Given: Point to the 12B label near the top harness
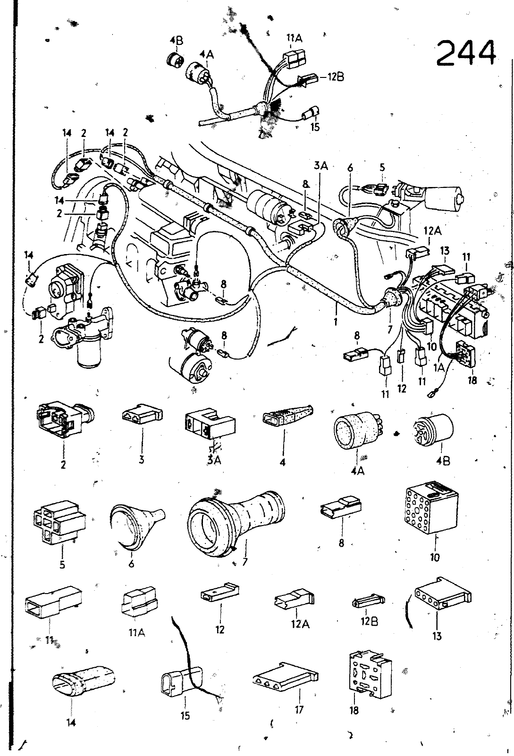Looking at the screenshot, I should pyautogui.click(x=335, y=77).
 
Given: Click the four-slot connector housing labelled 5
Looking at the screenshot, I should pyautogui.click(x=59, y=521).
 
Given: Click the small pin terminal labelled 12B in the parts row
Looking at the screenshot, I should pyautogui.click(x=365, y=603).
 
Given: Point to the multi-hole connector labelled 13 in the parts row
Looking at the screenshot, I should pyautogui.click(x=442, y=594).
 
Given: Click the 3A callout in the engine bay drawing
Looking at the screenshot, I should pyautogui.click(x=320, y=166).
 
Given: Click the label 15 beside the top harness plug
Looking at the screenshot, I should pyautogui.click(x=315, y=127).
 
